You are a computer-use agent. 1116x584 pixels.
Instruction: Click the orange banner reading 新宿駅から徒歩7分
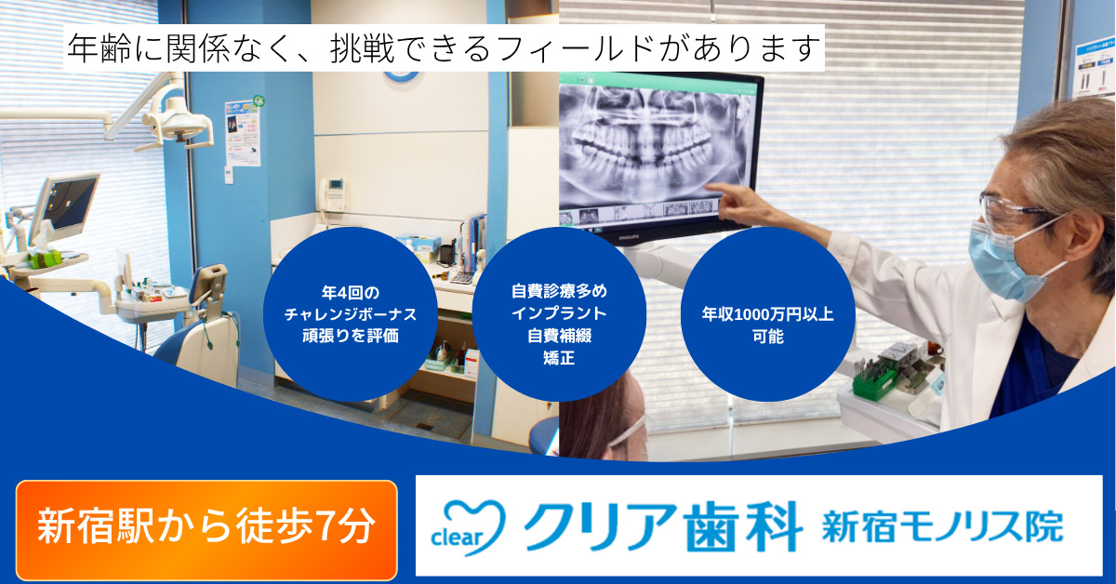coord(206,529)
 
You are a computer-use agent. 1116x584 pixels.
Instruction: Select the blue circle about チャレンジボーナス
coord(351,314)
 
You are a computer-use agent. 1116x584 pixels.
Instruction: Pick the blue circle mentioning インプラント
coord(559,314)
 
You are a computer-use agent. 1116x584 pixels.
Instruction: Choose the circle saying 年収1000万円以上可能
coord(768,314)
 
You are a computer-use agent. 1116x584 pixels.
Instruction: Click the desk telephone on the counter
coord(332,195)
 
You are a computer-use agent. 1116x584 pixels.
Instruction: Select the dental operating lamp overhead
coord(176,121)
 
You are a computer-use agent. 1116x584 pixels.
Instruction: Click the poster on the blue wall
coord(243,133)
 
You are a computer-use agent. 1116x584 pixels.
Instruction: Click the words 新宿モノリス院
coord(943,526)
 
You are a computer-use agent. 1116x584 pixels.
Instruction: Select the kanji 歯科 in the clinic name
coord(742,526)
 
